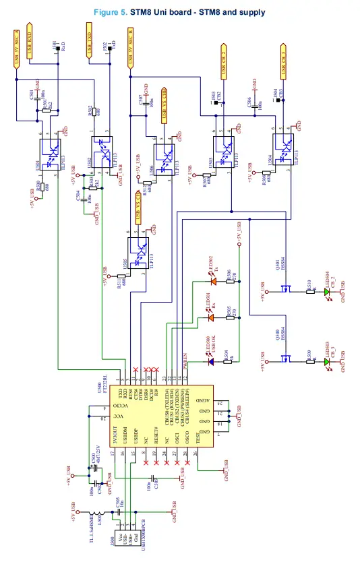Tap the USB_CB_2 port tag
click(224, 60)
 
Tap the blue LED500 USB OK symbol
click(211, 362)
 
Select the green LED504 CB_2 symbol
click(327, 286)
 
